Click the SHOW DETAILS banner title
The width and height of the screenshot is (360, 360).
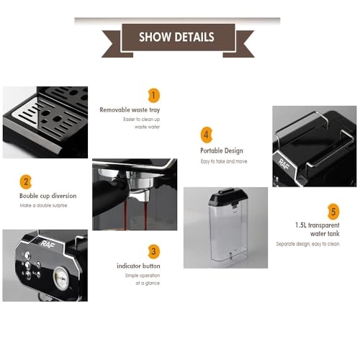[x=176, y=37]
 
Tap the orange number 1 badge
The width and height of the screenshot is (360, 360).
[x=153, y=96]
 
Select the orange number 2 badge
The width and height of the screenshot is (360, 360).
[x=26, y=182]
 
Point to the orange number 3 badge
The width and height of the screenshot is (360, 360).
[x=153, y=251]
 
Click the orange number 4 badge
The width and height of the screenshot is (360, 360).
[x=206, y=135]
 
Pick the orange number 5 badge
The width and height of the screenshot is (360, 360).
[x=333, y=212]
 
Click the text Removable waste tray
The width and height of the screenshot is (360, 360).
[x=130, y=110]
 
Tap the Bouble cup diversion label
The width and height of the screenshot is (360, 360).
[x=48, y=196]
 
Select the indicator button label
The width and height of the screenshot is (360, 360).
[x=138, y=266]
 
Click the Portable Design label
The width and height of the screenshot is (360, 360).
[x=222, y=150]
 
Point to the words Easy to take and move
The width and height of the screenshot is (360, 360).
[x=224, y=161]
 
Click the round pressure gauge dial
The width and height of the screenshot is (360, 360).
[x=61, y=279]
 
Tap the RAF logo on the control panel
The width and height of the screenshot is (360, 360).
[x=48, y=244]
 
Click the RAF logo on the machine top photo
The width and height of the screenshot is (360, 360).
[x=284, y=163]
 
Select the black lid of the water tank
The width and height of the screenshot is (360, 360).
[x=228, y=197]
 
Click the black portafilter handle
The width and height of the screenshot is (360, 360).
[x=108, y=196]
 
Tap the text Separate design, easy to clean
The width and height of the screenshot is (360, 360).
[x=307, y=244]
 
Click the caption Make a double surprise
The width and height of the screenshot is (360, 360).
[x=43, y=205]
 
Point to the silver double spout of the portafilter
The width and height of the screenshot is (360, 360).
[x=139, y=194]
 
